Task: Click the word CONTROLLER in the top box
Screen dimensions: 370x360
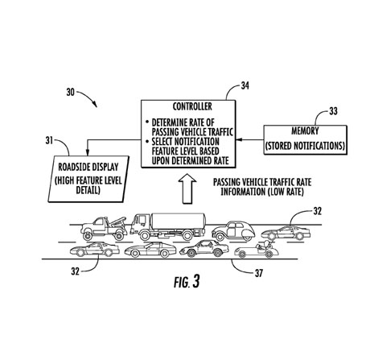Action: (192, 106)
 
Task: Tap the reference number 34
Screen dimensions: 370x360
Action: (245, 85)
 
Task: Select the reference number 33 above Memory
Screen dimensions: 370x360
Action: (333, 111)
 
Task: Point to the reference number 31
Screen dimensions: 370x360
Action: (49, 140)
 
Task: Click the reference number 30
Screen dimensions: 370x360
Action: (70, 93)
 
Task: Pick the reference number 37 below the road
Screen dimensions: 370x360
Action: (258, 273)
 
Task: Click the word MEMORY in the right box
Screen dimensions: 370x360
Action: (305, 131)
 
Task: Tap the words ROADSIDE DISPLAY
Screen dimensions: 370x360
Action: (88, 167)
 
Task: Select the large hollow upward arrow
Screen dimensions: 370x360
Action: (187, 188)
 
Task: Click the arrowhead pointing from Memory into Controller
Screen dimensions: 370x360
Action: (239, 139)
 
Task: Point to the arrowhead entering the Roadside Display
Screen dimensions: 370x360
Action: (87, 152)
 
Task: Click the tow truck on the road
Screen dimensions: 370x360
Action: (104, 229)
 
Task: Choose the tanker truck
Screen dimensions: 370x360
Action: (168, 226)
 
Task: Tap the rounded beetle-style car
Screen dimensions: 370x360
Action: (233, 231)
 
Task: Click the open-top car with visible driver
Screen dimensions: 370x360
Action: (257, 250)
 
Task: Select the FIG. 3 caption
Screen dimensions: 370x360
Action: (187, 282)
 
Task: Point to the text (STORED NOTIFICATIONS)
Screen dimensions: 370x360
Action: (305, 146)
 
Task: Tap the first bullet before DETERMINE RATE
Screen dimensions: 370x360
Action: (147, 122)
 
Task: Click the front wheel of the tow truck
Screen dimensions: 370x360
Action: (87, 236)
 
